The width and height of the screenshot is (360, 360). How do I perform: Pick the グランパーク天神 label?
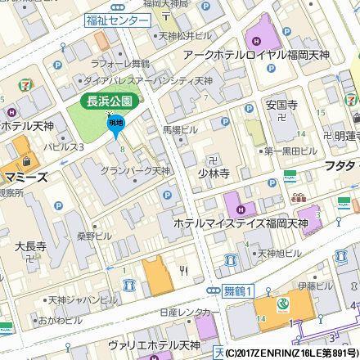click(x=135, y=171)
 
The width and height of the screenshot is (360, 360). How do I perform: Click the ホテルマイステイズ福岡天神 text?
click(x=237, y=223)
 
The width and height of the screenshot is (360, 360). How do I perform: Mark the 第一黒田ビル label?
click(x=290, y=151)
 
